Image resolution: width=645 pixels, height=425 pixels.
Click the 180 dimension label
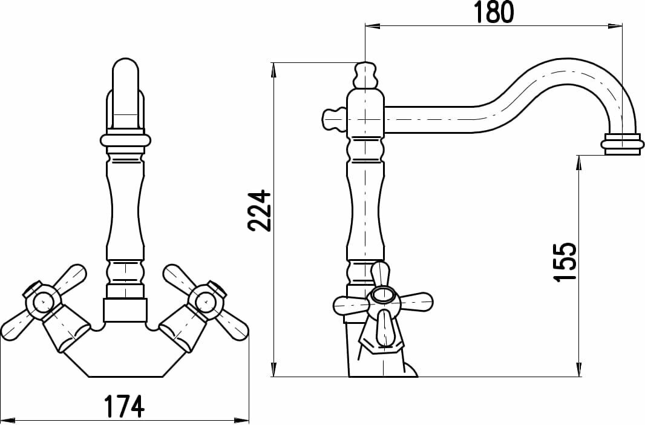tap(494, 12)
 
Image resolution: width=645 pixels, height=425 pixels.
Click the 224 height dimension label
tap(259, 210)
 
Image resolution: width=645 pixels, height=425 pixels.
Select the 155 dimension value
tap(565, 262)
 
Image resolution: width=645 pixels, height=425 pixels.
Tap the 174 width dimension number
tap(123, 406)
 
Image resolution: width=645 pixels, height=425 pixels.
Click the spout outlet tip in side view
tap(623, 144)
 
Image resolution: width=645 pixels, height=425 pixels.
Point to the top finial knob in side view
tap(365, 75)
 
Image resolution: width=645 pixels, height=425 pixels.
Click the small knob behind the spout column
tap(333, 119)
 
